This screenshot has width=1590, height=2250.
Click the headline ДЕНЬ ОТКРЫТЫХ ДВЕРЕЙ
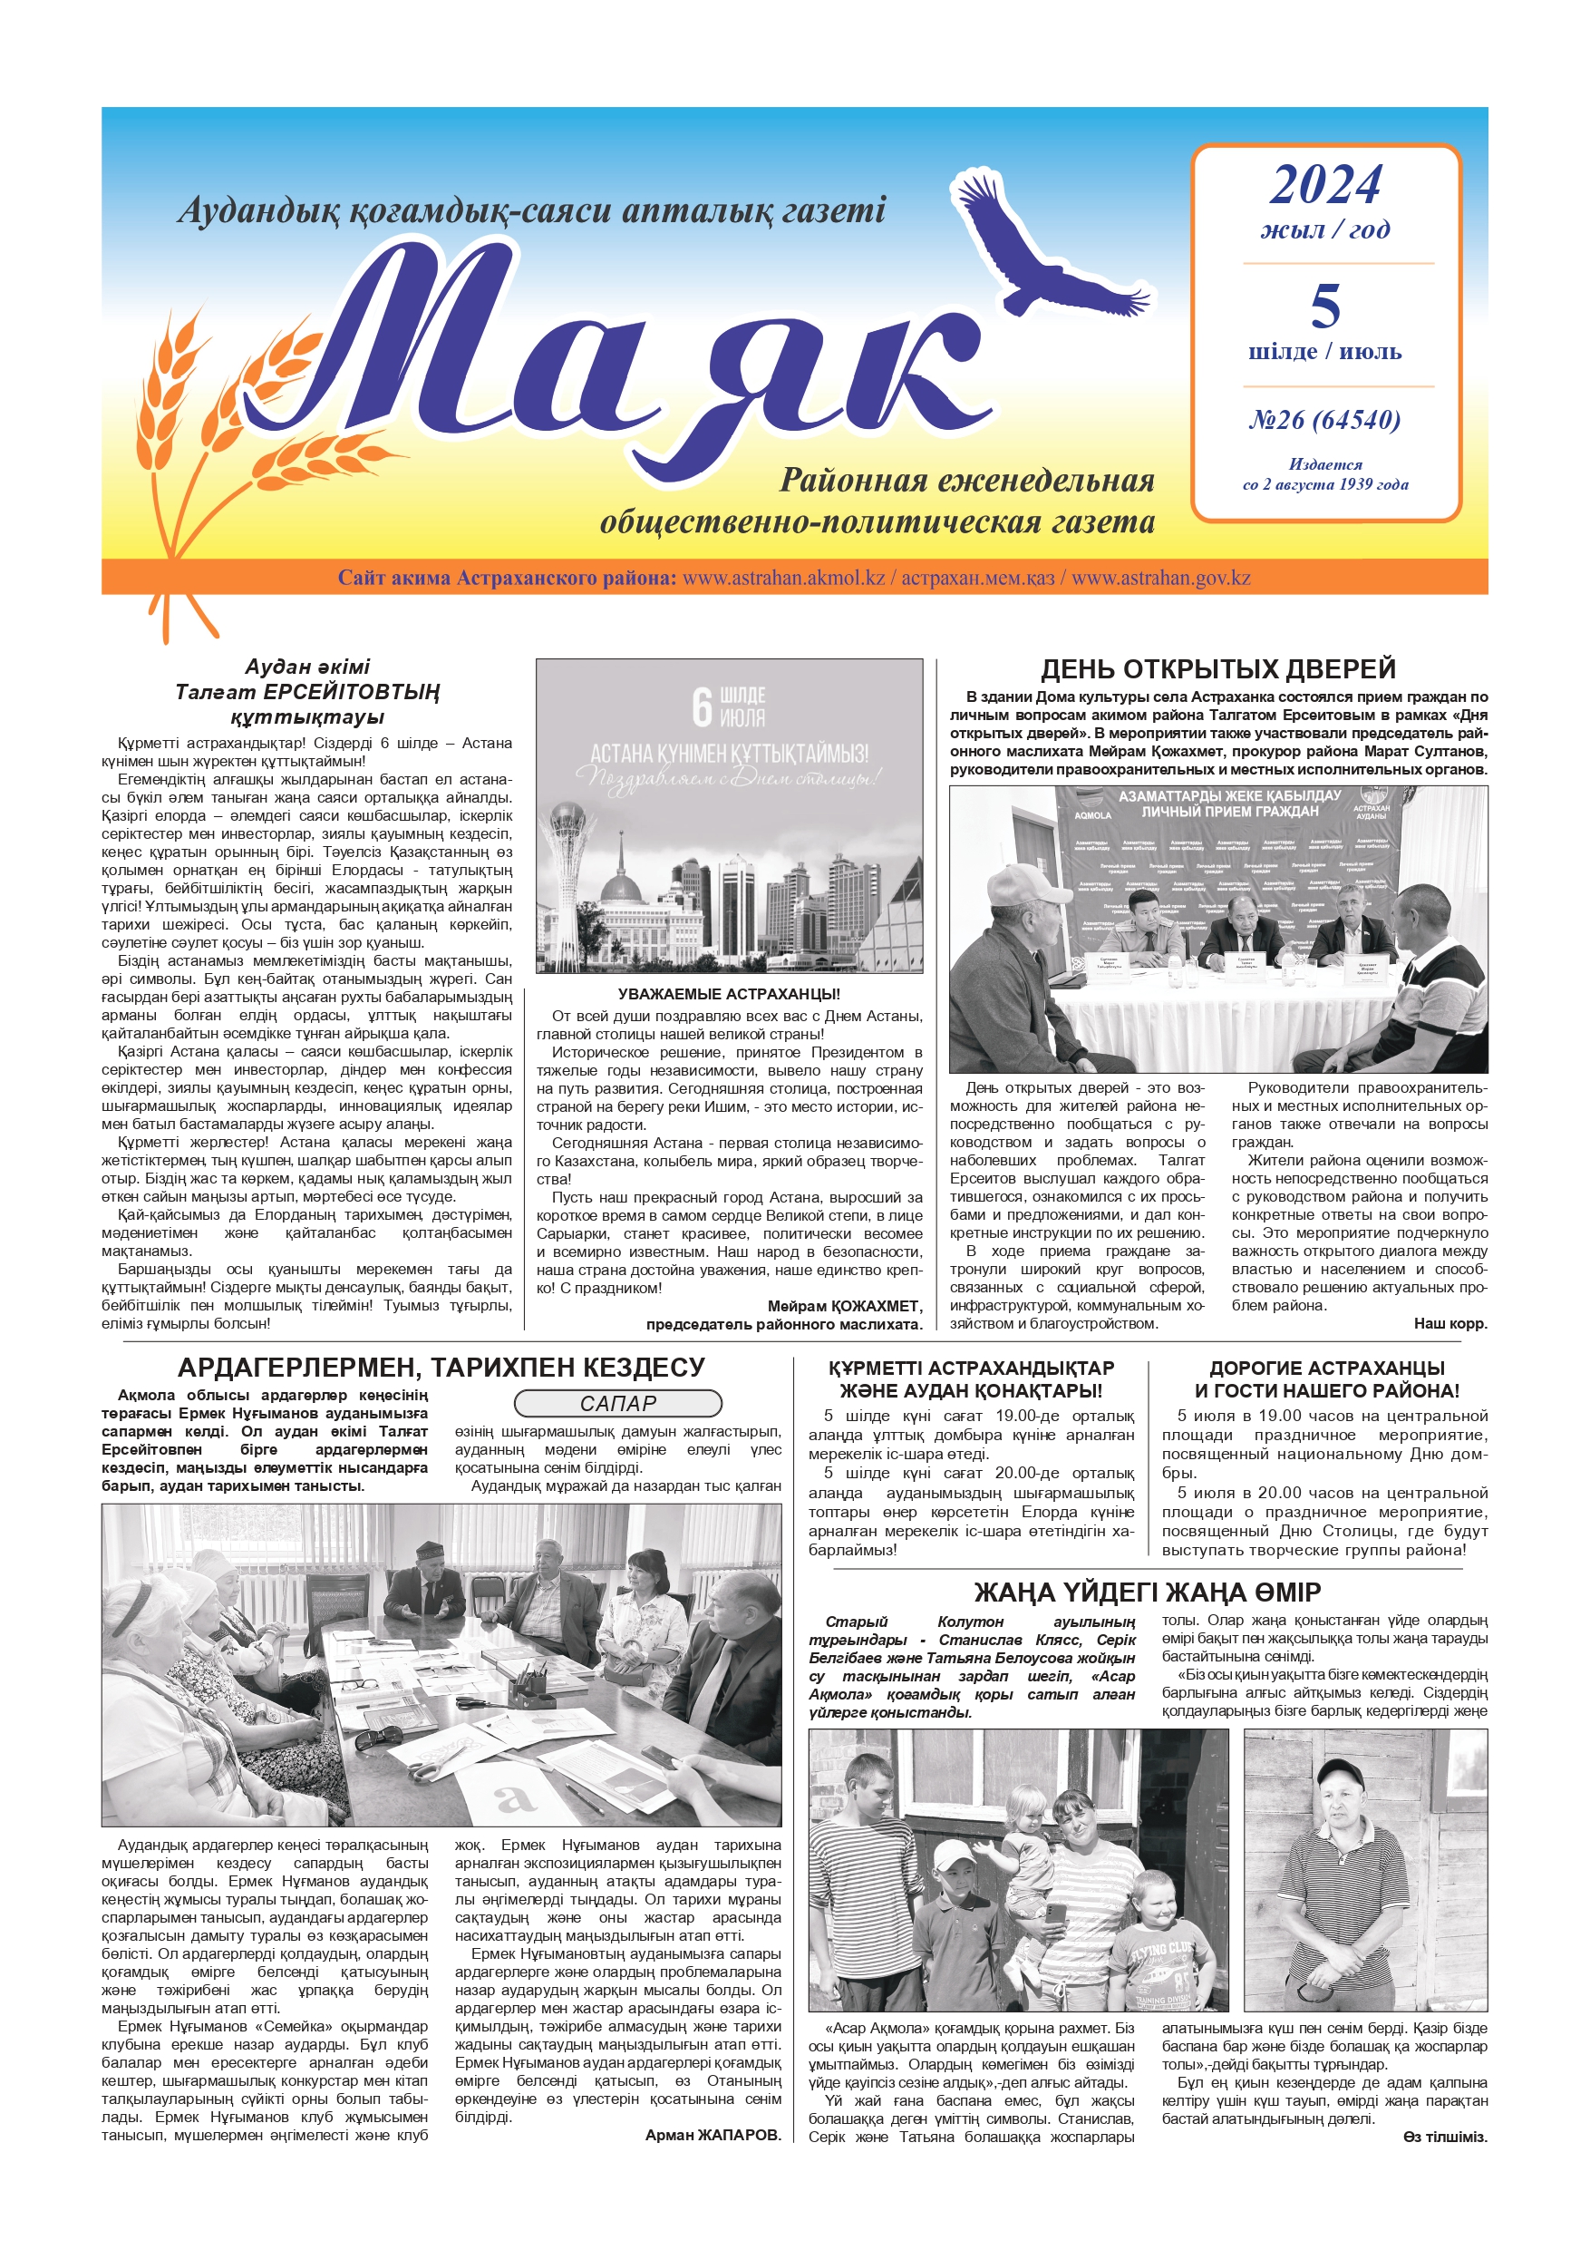[1217, 669]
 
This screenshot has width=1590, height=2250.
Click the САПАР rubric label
[617, 1403]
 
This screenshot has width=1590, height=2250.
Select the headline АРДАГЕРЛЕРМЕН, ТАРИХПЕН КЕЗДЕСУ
[441, 1368]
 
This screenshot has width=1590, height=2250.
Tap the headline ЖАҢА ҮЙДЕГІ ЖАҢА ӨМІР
[1148, 1593]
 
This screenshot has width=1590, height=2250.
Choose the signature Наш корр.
[1449, 1323]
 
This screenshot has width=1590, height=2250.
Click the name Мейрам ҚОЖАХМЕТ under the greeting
[845, 1306]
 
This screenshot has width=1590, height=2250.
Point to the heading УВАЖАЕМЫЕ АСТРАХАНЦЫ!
[729, 994]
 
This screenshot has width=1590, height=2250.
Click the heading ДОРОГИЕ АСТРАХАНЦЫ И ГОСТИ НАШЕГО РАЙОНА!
[1326, 1378]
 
